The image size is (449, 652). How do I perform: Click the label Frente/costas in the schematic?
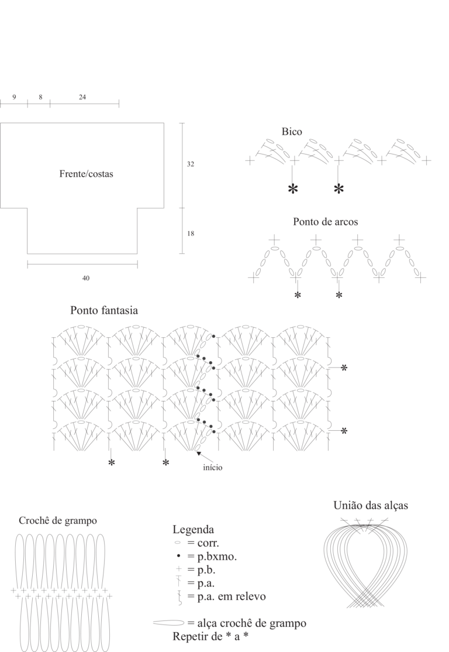click(x=86, y=174)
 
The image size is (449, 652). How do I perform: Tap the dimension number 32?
click(x=190, y=164)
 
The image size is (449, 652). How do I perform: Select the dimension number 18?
click(x=190, y=234)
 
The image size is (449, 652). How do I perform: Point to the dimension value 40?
click(x=85, y=278)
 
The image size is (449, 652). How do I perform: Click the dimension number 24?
click(x=82, y=97)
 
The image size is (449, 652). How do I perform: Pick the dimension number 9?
click(x=14, y=97)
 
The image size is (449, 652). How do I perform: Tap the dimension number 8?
click(x=41, y=97)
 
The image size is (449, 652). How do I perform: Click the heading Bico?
click(x=292, y=132)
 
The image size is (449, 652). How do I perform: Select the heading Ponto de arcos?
click(x=325, y=222)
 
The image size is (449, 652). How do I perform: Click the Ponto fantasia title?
click(x=104, y=310)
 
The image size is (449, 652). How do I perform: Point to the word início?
click(x=213, y=468)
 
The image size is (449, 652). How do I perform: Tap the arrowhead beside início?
click(x=199, y=453)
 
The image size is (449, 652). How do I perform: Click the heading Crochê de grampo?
click(x=58, y=520)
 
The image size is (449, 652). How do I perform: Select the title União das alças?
click(x=371, y=505)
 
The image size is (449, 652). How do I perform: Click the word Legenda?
click(x=193, y=530)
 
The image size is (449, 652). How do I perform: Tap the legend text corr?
click(x=208, y=543)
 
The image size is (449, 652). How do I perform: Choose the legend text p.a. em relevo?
click(x=232, y=596)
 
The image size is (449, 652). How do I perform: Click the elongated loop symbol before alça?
click(x=168, y=623)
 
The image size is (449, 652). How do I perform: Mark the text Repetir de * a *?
click(x=210, y=636)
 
